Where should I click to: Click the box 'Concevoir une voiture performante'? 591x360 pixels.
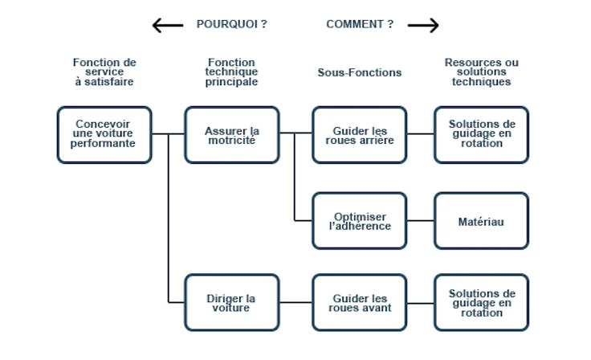point(104,135)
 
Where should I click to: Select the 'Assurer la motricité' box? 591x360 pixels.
point(232,135)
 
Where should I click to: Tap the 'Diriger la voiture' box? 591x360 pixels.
point(232,302)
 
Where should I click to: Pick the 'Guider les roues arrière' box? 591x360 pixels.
point(360,135)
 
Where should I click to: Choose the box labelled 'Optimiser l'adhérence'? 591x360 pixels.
point(360,221)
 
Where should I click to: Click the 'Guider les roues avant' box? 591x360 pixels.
point(360,302)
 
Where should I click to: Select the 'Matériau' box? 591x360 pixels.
point(482,221)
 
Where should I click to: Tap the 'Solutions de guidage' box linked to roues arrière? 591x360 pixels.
point(482,135)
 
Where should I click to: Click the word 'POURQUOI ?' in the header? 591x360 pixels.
point(231,24)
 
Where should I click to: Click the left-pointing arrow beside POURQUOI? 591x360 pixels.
point(167,26)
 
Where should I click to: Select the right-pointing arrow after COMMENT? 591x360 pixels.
point(423,26)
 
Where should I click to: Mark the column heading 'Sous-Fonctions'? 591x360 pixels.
point(360,72)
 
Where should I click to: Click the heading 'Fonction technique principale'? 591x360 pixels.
point(232,72)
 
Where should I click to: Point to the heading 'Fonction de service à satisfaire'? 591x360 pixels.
point(104,72)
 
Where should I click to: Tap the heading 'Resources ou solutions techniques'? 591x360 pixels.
point(482,72)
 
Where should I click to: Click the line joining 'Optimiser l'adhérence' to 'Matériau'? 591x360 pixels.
point(421,221)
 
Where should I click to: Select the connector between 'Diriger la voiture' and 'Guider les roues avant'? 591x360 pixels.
point(295,303)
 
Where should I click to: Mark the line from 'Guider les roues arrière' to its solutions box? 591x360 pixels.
point(421,134)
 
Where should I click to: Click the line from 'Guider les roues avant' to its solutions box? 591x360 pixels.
point(421,303)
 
